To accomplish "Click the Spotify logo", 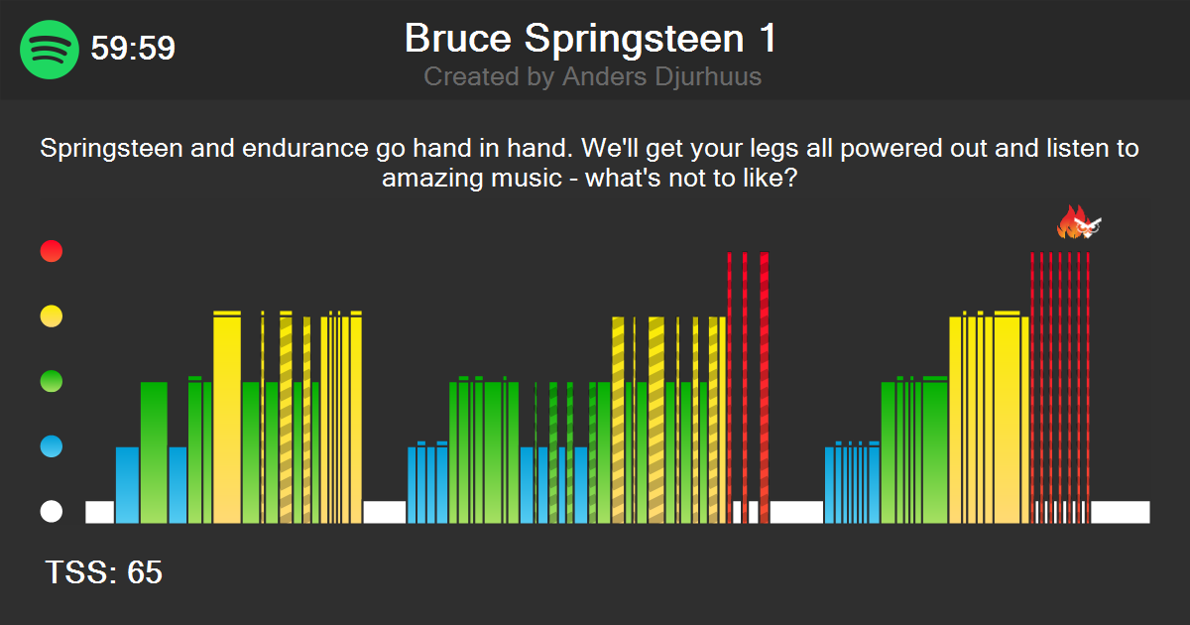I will (x=50, y=49).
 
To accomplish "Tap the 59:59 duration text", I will (x=133, y=49).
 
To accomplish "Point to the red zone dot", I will (x=52, y=252).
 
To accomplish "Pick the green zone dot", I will (x=52, y=382).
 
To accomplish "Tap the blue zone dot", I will (x=52, y=447).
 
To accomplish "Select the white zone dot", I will (x=52, y=512).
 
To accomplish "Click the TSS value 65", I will (x=145, y=572).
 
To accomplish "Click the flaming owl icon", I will (x=1079, y=223).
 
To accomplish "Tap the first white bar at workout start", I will (x=99, y=512).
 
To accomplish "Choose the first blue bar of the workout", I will (x=127, y=484).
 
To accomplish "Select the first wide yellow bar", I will (x=227, y=417).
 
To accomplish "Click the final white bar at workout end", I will (x=1121, y=512).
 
